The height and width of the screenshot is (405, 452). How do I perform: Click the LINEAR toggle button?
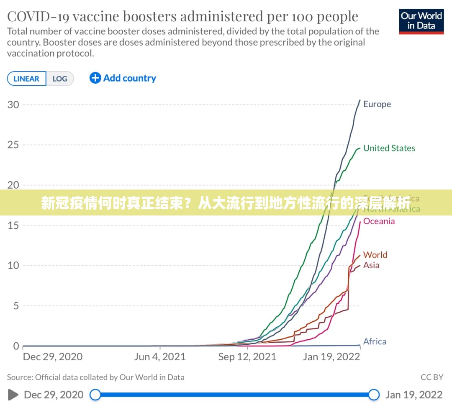26,79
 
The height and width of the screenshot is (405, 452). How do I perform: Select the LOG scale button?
60,79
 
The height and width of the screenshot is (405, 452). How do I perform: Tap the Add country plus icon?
95,78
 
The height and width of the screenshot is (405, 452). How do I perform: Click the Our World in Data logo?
421,21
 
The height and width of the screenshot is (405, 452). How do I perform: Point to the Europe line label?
377,104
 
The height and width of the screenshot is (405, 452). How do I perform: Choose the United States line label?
389,148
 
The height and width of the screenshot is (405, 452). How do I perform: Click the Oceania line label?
379,221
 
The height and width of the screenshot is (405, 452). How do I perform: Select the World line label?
375,255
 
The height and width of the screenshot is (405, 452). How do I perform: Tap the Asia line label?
371,265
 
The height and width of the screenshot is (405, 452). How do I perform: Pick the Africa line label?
375,341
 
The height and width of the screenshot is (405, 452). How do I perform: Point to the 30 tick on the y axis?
13,104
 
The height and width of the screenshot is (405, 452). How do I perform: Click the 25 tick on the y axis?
13,145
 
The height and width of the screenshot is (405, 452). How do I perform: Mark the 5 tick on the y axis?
16,306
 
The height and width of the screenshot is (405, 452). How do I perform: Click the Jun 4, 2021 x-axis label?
160,357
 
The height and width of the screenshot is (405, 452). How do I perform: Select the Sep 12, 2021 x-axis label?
247,357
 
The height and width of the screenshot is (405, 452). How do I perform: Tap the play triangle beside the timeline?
13,395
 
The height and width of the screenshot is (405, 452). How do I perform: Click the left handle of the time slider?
95,395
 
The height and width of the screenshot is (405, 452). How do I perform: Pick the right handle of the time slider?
374,395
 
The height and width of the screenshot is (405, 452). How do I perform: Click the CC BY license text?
432,377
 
